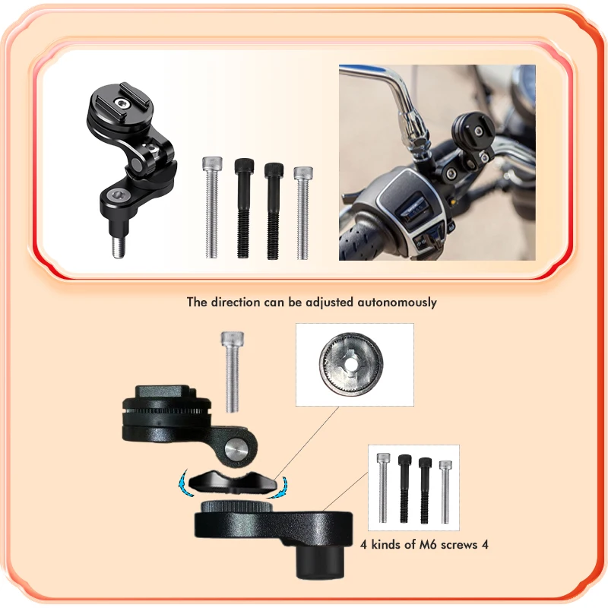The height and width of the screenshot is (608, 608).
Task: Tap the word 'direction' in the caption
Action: pos(235,302)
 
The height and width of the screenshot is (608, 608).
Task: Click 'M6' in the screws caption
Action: pos(428,545)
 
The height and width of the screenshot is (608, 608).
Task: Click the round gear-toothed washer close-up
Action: pos(351,364)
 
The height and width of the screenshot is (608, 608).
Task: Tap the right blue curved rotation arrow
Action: pos(279,486)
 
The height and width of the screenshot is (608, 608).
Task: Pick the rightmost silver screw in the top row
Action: pos(302,213)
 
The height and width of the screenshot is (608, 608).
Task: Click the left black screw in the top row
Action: pos(244,208)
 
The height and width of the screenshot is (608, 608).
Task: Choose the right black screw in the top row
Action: pos(274,211)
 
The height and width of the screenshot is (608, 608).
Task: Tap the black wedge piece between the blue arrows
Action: pos(233,481)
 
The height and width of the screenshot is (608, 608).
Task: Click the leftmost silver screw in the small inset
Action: pos(383,487)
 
